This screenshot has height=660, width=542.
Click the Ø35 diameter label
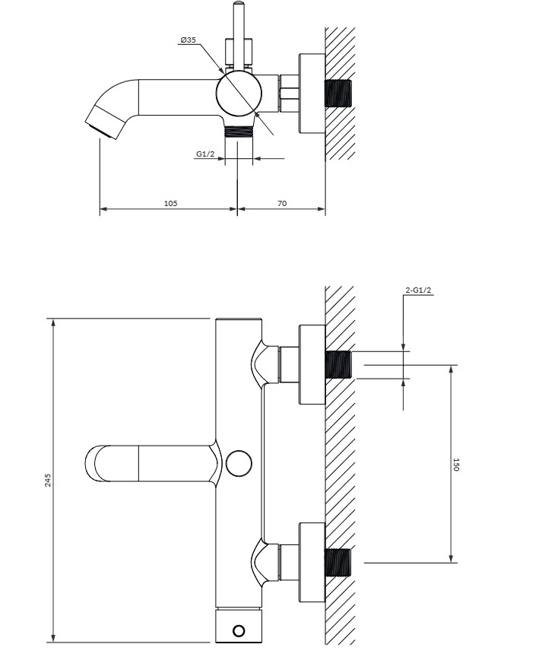[x=188, y=40]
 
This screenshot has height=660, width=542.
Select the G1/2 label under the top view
[x=205, y=154]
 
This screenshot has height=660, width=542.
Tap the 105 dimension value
[x=170, y=203]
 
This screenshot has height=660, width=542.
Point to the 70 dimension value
[x=282, y=203]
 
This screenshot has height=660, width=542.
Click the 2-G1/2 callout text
[x=419, y=290]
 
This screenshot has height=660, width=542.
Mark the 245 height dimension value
[x=48, y=481]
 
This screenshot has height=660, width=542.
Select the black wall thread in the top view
[x=338, y=93]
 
